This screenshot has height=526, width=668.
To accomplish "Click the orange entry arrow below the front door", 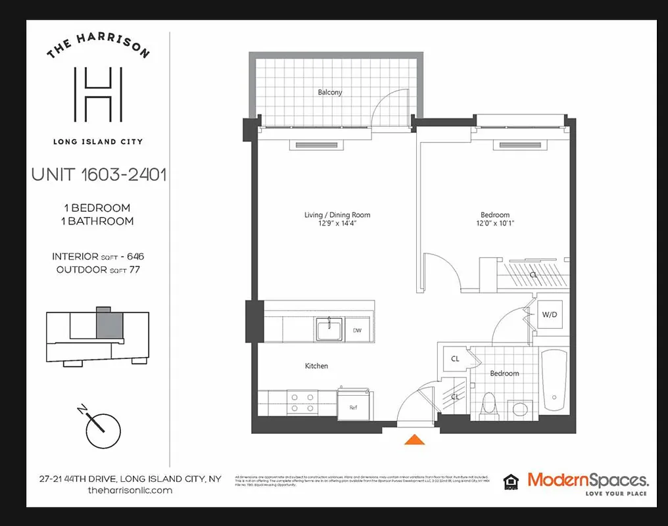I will (413, 440).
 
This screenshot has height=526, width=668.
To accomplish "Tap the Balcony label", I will (330, 92).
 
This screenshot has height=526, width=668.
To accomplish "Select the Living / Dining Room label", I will (337, 215).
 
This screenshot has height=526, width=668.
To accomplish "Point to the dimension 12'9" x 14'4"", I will (337, 224).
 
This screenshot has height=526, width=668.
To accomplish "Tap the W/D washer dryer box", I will (549, 314).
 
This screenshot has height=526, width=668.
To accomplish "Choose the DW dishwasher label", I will (357, 330).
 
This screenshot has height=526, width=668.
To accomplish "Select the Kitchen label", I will (316, 366).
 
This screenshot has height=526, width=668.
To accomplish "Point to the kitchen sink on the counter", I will (328, 329).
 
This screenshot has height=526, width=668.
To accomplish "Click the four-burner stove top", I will (301, 402).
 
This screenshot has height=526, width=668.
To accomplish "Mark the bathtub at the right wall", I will (554, 385).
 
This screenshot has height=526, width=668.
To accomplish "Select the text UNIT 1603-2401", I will (99, 175).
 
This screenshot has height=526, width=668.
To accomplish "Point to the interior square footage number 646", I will (131, 256).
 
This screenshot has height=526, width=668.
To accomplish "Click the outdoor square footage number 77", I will (133, 270).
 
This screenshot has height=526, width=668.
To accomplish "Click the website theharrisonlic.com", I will (130, 490).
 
